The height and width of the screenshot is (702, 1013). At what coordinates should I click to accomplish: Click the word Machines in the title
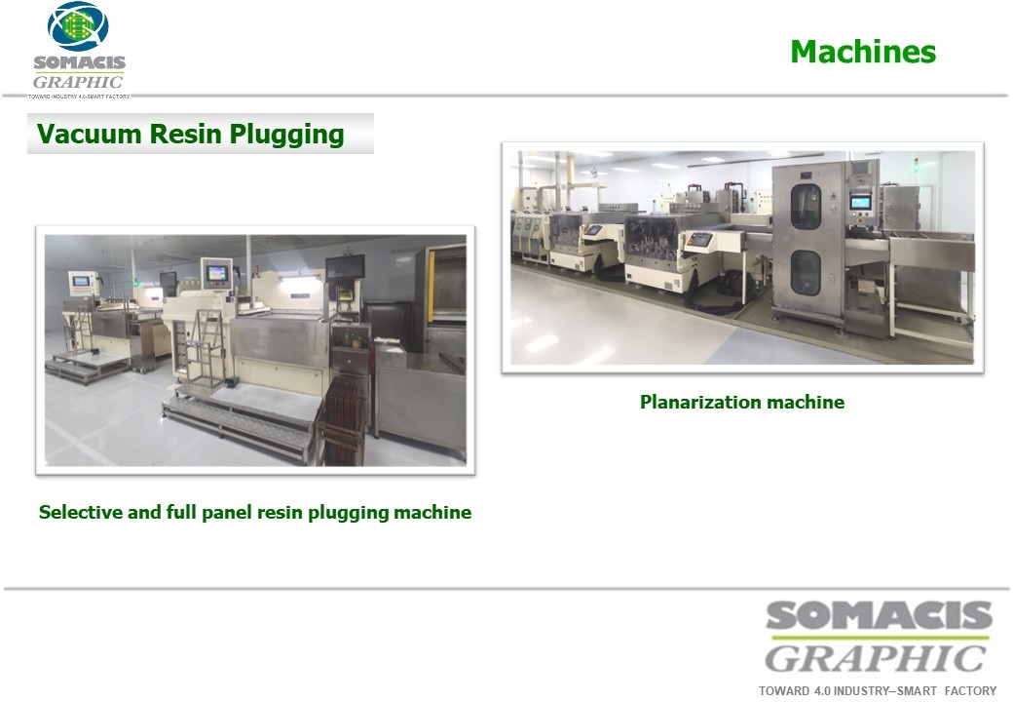click(863, 52)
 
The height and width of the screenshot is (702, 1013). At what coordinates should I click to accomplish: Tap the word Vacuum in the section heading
click(90, 134)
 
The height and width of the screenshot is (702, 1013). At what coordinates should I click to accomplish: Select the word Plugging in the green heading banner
click(286, 135)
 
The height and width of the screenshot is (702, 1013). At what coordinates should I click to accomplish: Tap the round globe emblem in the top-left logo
click(78, 26)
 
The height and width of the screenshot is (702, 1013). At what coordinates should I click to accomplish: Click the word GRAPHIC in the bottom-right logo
click(876, 659)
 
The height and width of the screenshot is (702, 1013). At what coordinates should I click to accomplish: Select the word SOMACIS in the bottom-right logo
click(879, 615)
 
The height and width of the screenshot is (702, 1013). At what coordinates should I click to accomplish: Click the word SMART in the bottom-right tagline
click(917, 691)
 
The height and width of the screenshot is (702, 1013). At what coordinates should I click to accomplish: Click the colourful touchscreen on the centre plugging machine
click(216, 273)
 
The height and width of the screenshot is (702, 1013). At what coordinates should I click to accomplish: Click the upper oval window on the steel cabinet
click(806, 206)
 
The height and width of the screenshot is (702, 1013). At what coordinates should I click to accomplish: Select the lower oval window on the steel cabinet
click(805, 272)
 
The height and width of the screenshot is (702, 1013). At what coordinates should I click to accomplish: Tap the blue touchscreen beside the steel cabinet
click(860, 203)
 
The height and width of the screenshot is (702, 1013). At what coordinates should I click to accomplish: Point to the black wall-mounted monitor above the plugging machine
click(345, 267)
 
